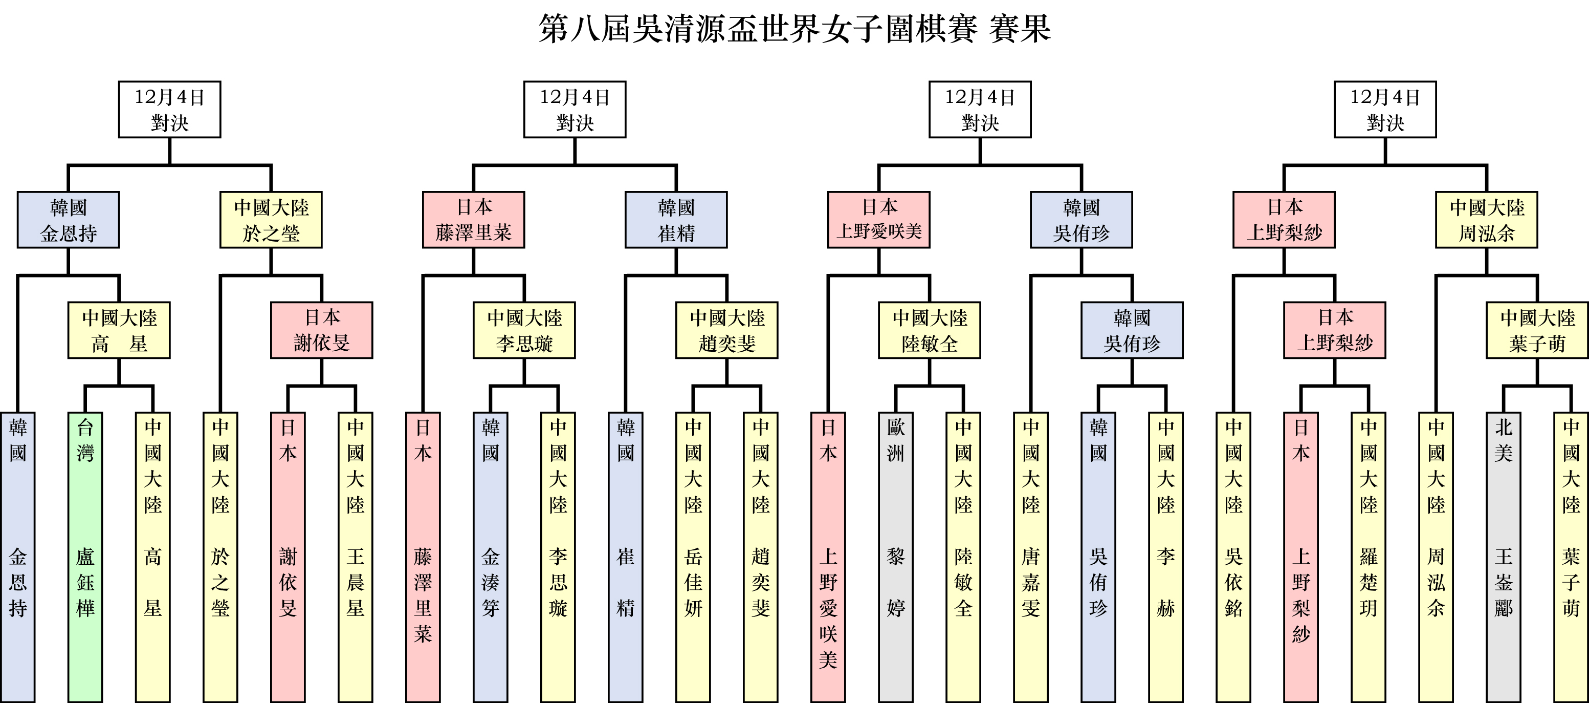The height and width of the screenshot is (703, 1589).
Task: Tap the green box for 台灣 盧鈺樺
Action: [x=85, y=556]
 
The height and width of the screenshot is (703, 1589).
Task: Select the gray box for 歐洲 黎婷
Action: [x=896, y=556]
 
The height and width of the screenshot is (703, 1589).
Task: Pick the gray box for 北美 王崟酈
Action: [x=1503, y=556]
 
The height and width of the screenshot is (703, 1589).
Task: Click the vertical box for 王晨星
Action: [x=356, y=556]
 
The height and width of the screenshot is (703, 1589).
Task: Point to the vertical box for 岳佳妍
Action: [x=693, y=556]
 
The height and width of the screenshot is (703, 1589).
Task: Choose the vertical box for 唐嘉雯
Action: [x=1031, y=556]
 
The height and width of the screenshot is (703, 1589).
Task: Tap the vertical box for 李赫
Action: [x=1166, y=556]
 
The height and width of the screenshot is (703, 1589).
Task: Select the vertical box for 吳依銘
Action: [x=1233, y=556]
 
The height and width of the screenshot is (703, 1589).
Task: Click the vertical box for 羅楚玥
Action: [x=1368, y=556]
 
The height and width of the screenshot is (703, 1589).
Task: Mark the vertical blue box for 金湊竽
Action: [x=491, y=556]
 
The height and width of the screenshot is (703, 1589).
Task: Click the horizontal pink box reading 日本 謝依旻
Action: [x=321, y=330]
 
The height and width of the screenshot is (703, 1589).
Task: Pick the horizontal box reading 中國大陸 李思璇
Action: [x=524, y=330]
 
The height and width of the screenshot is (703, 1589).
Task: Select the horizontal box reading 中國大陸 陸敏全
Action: [x=930, y=330]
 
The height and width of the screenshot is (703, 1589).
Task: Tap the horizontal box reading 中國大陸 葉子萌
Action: [x=1537, y=330]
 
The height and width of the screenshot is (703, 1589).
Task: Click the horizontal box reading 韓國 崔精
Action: [x=676, y=220]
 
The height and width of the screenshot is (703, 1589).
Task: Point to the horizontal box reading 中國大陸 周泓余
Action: [x=1487, y=220]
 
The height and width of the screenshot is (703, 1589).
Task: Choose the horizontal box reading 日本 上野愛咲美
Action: [x=879, y=220]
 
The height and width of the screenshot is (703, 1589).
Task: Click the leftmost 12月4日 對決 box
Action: [x=170, y=109]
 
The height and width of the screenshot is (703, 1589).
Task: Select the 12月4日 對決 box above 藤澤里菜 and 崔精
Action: [x=575, y=109]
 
